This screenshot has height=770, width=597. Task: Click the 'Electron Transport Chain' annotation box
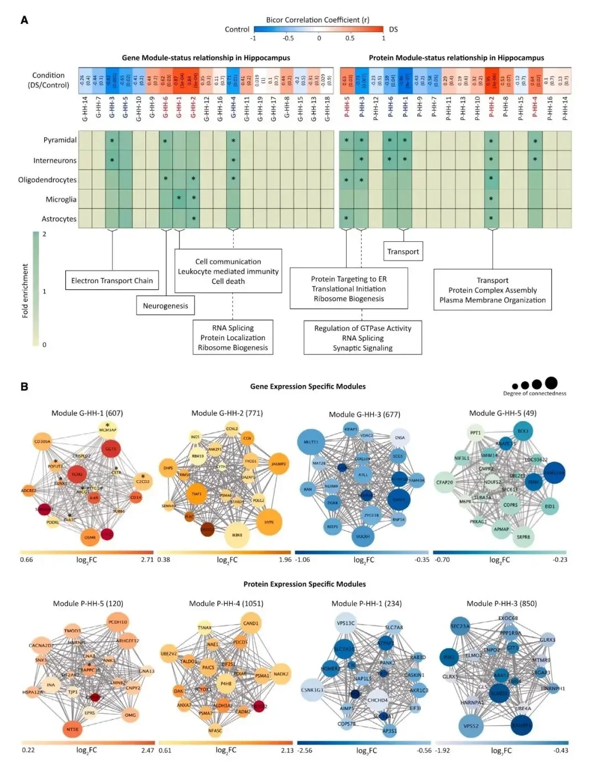coord(112,280)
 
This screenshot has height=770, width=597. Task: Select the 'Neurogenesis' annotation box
coord(165,305)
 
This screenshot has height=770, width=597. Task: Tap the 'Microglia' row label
coord(61,199)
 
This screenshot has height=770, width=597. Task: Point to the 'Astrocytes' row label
coord(59,219)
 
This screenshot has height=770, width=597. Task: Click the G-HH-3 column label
coord(112,107)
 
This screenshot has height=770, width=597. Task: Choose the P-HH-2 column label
coord(491,107)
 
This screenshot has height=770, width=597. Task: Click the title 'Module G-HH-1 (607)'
coord(87,413)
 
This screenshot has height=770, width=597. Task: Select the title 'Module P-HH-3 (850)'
coord(501,603)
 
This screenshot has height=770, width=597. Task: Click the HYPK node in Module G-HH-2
coord(269,522)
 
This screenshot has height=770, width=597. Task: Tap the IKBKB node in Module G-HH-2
coord(238,535)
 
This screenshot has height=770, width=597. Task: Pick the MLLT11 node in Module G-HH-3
coord(311,442)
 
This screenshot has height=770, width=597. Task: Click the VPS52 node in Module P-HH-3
coord(472,726)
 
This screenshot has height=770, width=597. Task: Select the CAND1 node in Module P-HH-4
coord(250,623)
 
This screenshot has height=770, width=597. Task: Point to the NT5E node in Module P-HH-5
coord(72,730)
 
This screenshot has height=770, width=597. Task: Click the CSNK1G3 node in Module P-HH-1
coord(312,690)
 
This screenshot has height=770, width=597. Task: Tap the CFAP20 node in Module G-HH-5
coord(445,482)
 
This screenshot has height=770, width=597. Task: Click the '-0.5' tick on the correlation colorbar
coord(288,38)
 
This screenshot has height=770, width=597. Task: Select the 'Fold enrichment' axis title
coord(25,290)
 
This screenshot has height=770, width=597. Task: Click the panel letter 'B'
coord(24,387)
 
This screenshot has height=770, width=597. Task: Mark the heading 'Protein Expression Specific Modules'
coord(305,584)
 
